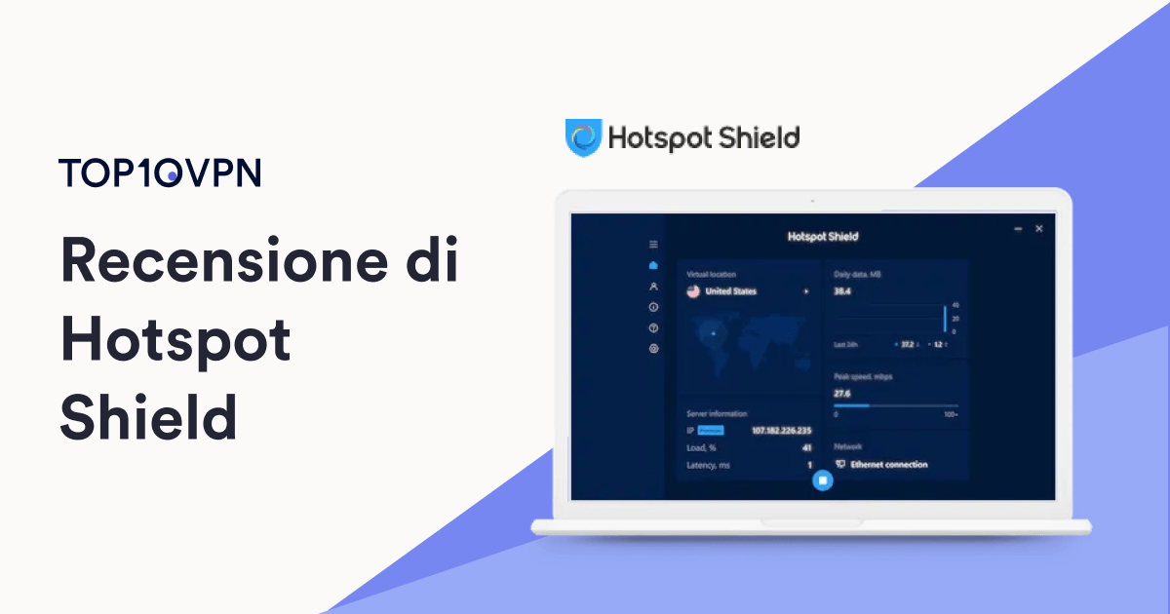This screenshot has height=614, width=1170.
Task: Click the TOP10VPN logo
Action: (160, 173)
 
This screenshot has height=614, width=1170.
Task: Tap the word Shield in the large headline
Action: (148, 418)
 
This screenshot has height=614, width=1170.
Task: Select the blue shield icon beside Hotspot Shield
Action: (583, 137)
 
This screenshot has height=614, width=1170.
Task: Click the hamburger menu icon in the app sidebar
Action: (653, 244)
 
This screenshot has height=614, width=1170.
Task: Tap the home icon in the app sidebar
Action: (653, 265)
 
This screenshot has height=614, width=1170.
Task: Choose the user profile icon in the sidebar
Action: (653, 287)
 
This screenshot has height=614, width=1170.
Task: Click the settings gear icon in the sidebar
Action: (653, 348)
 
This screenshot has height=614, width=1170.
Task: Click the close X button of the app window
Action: (1038, 228)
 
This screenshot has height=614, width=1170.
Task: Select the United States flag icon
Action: (693, 290)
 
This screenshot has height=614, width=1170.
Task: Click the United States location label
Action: (730, 290)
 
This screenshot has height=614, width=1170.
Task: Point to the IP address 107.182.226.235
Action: (782, 430)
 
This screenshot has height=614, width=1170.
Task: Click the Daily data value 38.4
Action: (842, 290)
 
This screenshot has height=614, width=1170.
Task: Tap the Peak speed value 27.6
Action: (842, 393)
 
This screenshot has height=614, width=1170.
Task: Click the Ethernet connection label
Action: (888, 464)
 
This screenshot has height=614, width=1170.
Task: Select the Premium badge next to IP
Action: (711, 430)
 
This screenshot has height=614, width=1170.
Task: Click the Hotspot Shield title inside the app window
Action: (822, 237)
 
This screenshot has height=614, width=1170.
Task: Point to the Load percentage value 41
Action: (806, 447)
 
